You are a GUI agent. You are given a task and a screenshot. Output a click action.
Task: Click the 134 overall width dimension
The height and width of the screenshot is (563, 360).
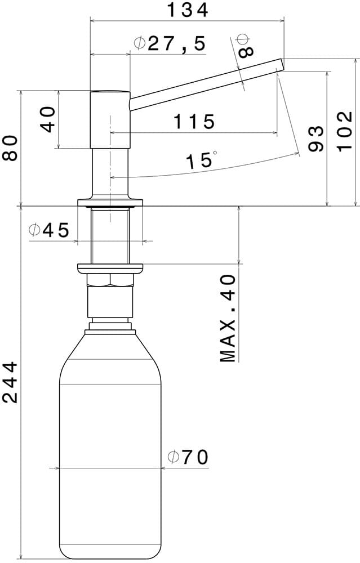188,10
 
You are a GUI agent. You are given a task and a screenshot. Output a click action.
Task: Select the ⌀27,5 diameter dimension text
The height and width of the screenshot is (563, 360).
170,43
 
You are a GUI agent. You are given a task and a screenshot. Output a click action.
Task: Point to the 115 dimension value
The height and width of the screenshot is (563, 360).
194,121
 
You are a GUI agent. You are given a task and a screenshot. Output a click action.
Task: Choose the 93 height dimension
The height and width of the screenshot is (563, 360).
316,138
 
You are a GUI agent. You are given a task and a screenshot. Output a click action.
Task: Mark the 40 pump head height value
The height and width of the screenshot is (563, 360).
49,119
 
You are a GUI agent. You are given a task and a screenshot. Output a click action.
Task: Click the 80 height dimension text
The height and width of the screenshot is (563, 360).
10,148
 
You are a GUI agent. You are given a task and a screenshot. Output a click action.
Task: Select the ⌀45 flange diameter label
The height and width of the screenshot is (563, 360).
49,230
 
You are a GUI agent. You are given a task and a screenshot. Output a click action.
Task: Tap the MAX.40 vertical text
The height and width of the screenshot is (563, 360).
228,318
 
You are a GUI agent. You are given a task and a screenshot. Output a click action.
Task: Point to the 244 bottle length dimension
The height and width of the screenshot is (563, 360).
10,383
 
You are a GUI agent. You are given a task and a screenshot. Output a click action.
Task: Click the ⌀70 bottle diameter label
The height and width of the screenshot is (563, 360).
188,457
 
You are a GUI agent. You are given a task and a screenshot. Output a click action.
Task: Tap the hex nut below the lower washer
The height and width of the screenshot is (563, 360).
110,279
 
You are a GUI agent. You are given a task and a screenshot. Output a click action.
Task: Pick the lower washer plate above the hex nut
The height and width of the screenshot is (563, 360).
110,267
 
